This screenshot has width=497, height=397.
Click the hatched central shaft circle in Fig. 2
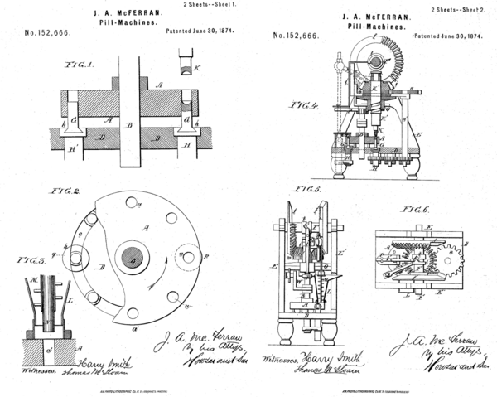(131, 258)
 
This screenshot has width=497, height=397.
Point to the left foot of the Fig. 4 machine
(340, 167)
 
